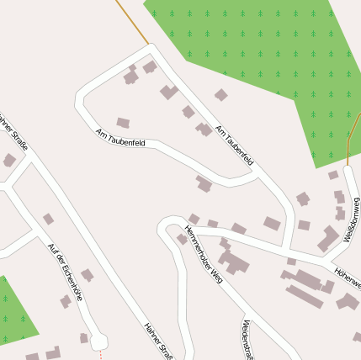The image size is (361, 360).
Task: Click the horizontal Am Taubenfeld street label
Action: [x=120, y=138]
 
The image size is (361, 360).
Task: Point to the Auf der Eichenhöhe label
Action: [x=65, y=271]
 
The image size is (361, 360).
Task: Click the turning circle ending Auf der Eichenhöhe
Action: [x=99, y=341]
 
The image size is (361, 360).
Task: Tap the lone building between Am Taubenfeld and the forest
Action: [x=220, y=95]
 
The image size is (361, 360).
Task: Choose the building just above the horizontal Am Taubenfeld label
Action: [x=123, y=123]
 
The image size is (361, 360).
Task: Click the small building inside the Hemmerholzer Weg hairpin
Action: [x=182, y=239]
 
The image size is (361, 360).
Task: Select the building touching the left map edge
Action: [x=8, y=160]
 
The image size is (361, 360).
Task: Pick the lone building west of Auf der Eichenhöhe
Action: [x=48, y=219]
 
